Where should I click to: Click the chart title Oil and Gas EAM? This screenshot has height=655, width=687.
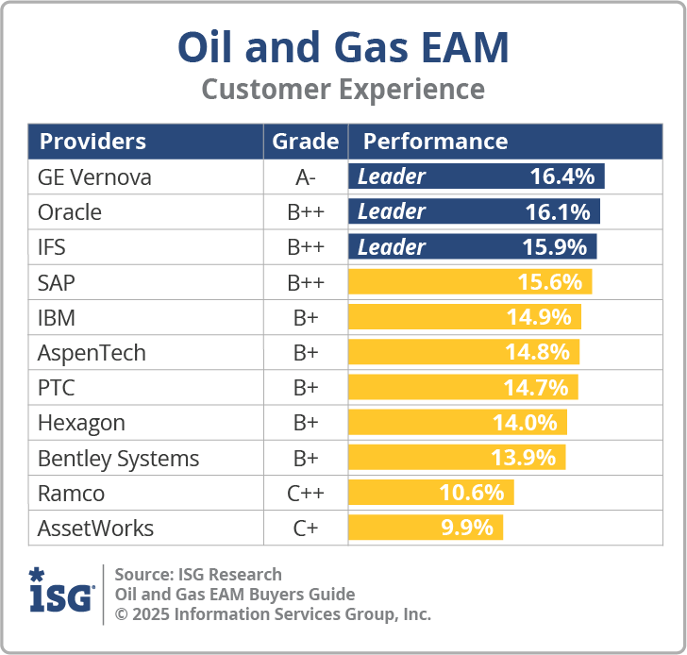343,47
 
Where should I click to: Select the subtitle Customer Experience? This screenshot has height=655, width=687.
343,90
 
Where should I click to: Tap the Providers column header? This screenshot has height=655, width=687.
92,142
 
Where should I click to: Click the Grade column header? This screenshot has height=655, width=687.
305,142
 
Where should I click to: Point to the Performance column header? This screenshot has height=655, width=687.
435,142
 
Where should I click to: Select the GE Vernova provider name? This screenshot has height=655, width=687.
94,177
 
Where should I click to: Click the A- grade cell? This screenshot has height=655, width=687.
305,177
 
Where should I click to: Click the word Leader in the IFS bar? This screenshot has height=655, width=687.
391,247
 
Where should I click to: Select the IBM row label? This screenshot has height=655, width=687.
57,317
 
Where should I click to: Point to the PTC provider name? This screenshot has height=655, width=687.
57,388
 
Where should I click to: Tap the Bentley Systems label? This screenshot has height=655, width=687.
118,459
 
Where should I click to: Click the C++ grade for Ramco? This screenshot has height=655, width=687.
305,494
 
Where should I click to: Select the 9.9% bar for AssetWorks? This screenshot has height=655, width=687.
425,528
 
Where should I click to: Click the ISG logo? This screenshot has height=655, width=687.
61,592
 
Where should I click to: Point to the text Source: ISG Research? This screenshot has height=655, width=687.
198,575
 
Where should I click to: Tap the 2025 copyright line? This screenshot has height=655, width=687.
272,614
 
